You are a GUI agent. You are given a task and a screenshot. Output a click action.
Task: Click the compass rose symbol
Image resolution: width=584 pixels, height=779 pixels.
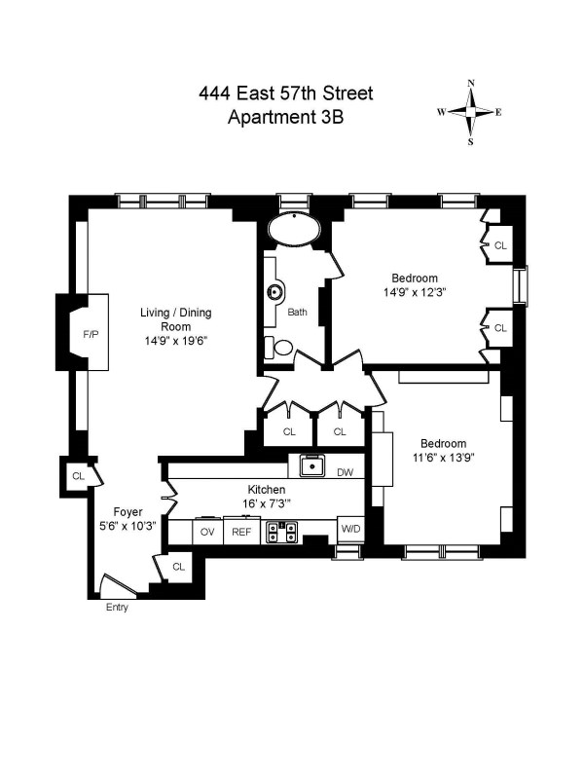click(471, 112)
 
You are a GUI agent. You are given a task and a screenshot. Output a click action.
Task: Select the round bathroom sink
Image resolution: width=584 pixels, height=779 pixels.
click(276, 290)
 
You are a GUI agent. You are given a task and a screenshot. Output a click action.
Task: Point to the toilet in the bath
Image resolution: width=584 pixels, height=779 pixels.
click(282, 347)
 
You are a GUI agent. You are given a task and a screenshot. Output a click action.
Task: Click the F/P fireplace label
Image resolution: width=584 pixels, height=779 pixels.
click(91, 334)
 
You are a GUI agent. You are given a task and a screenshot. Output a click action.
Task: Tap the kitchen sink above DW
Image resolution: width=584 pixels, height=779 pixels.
click(311, 466)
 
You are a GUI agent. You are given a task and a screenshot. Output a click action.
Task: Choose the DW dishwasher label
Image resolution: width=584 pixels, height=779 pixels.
click(344, 472)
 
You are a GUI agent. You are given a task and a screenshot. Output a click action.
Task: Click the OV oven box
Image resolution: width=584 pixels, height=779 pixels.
click(207, 532)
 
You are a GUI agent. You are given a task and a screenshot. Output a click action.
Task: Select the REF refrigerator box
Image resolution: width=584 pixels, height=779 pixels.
click(238, 532)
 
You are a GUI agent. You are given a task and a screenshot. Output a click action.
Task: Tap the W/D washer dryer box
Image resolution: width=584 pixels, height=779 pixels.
click(349, 529)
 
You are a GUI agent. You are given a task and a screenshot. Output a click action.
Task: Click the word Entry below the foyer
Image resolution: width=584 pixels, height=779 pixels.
click(117, 609)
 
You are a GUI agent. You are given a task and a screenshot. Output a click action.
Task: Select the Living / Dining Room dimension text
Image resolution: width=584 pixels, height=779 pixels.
click(177, 341)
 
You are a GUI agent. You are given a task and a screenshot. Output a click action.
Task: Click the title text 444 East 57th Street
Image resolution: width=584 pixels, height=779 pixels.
click(285, 94)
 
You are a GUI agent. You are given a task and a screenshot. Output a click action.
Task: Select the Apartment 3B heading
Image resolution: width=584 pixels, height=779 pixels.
click(285, 118)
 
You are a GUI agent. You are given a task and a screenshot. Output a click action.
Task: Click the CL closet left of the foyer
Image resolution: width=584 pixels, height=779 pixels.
click(78, 476)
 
